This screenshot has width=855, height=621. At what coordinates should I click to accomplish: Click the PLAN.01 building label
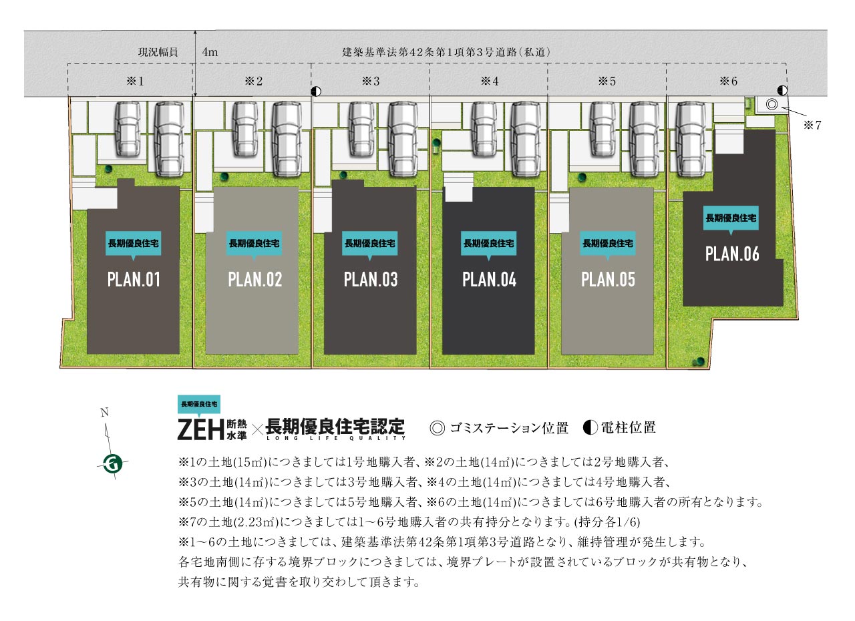(134, 279)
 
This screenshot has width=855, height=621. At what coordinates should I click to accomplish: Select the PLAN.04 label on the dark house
(489, 279)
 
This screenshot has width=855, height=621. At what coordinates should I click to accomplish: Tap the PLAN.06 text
(732, 254)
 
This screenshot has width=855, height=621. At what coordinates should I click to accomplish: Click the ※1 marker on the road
(136, 81)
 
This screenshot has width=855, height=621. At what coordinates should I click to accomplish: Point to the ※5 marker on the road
(607, 81)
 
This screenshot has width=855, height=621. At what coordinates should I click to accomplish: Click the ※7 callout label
(812, 125)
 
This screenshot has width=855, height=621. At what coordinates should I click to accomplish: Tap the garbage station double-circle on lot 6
(772, 104)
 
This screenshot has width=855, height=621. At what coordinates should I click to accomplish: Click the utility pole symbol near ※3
(316, 91)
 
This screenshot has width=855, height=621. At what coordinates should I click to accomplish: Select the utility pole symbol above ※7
(782, 89)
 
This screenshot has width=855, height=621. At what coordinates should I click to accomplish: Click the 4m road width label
(210, 51)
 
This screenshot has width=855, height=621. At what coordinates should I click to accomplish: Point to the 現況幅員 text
(158, 51)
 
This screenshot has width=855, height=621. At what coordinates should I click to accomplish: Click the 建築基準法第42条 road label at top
(446, 51)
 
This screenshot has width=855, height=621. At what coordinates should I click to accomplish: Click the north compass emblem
(112, 462)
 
